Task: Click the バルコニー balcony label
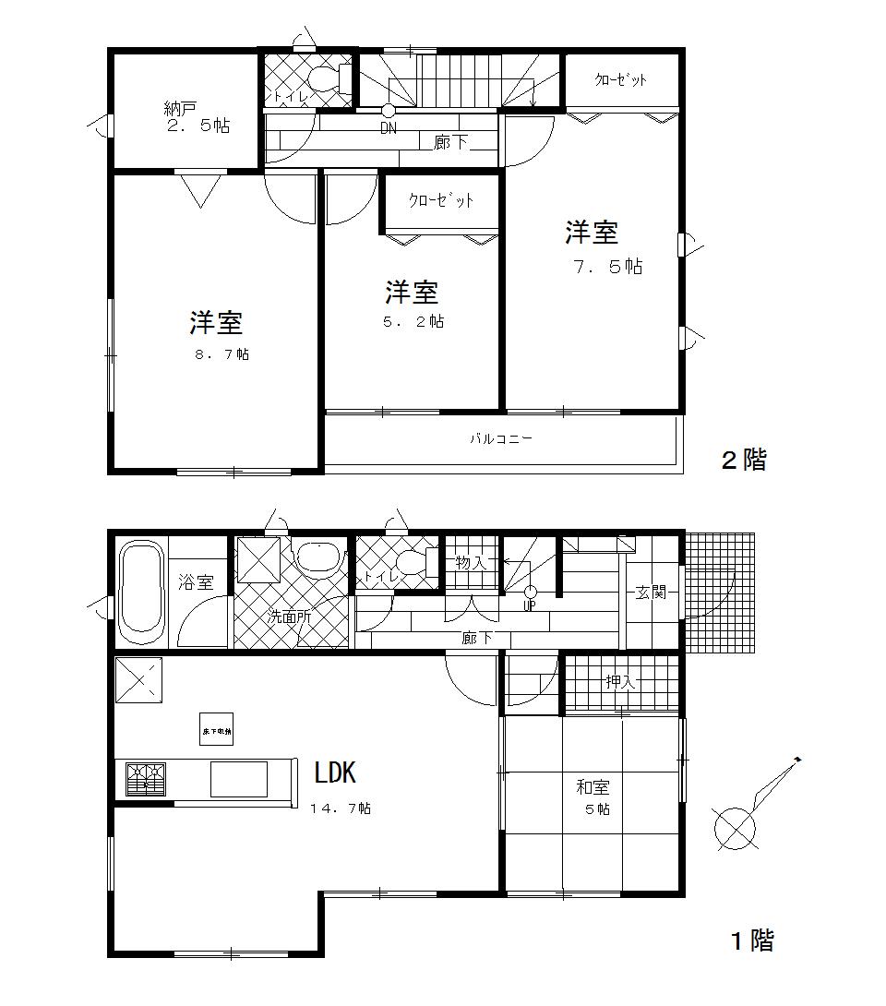click(501, 439)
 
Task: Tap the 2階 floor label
click(743, 460)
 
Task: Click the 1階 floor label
click(751, 940)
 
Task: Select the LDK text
click(335, 772)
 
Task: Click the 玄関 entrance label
click(651, 593)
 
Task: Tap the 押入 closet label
click(620, 682)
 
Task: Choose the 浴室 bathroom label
click(196, 582)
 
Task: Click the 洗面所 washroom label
click(290, 617)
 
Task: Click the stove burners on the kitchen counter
click(146, 779)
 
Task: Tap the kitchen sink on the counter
click(238, 779)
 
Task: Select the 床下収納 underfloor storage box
click(217, 729)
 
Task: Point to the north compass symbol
click(736, 826)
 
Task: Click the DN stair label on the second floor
click(389, 129)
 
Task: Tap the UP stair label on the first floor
click(530, 606)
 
